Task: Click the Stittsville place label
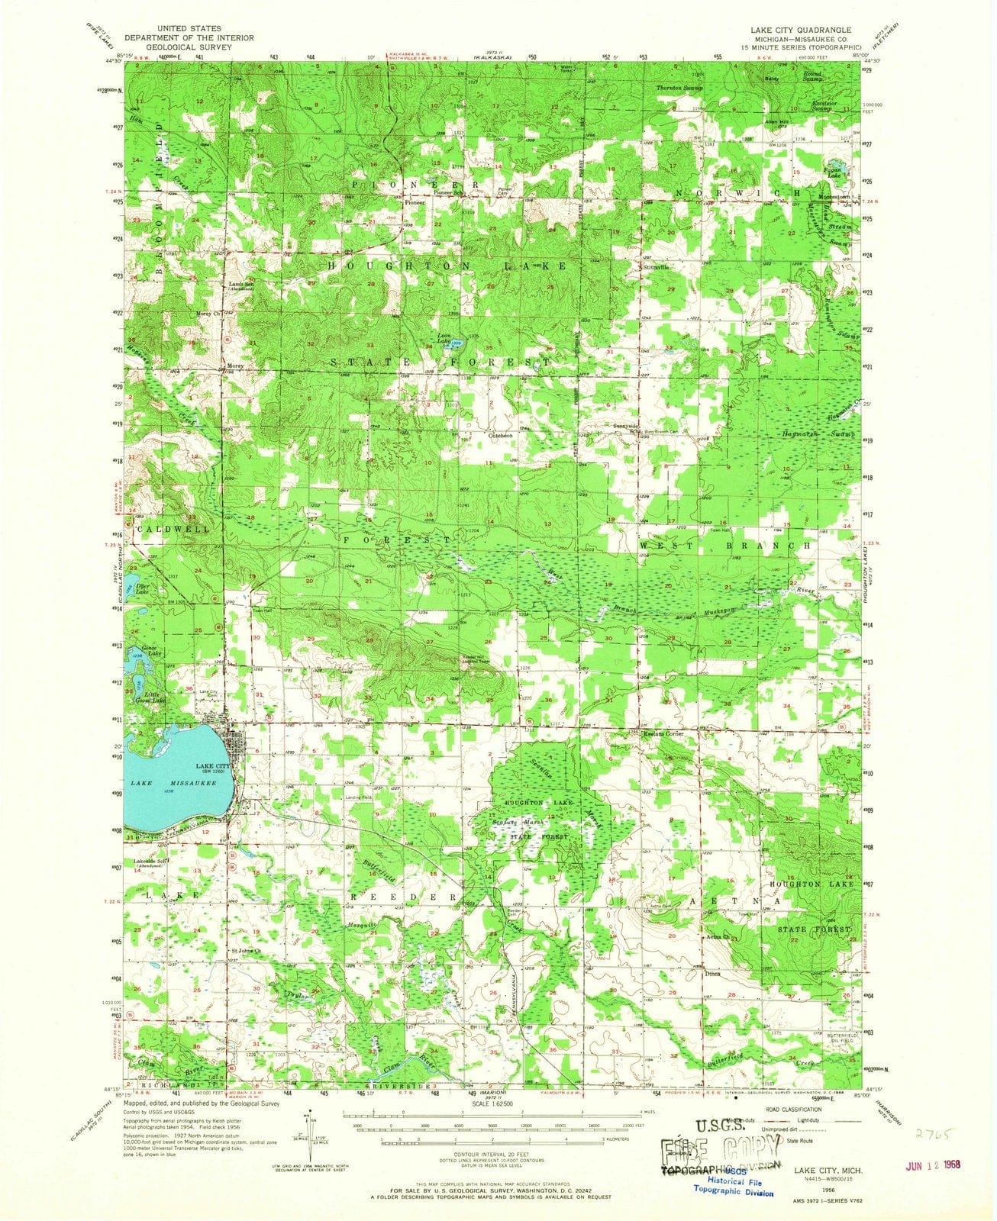click(x=654, y=268)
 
